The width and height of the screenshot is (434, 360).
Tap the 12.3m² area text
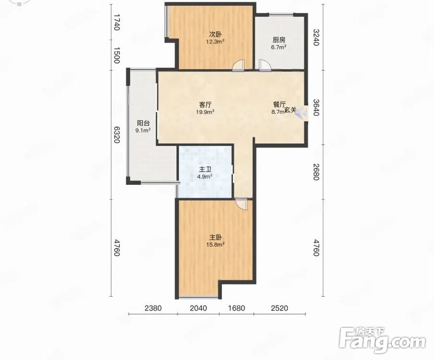click(215, 42)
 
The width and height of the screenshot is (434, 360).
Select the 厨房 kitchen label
click(279, 40)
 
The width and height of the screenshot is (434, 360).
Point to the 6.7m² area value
click(279, 47)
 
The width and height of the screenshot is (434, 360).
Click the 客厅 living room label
click(205, 105)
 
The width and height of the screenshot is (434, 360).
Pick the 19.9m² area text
click(205, 112)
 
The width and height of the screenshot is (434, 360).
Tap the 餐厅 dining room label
click(279, 105)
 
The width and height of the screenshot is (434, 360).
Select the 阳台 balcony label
click(143, 123)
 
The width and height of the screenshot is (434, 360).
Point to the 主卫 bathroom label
click(205, 169)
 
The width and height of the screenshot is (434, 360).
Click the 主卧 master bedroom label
click(215, 238)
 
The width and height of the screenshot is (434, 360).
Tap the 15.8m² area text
click(215, 245)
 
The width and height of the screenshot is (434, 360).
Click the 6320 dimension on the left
click(117, 135)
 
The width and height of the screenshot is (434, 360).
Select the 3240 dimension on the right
click(317, 37)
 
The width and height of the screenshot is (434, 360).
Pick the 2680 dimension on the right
click(317, 171)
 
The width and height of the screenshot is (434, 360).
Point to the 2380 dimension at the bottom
click(153, 308)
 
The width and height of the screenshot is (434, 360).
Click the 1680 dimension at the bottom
click(236, 308)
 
